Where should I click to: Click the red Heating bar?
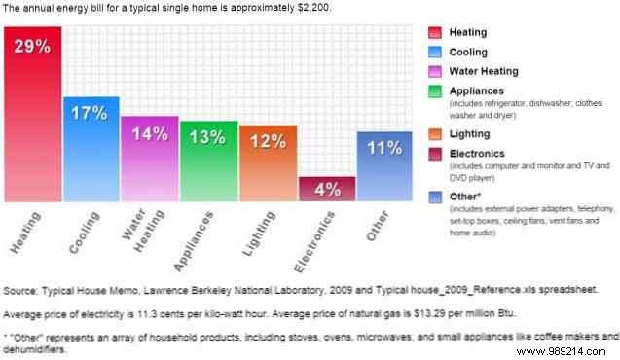click(x=32, y=117)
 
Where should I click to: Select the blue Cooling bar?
click(x=91, y=151)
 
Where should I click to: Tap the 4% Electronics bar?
click(x=327, y=189)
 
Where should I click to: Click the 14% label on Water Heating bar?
click(x=150, y=134)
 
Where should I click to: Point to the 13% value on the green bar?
click(x=208, y=137)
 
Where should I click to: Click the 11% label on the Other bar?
click(x=385, y=148)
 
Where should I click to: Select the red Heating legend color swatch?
click(x=436, y=32)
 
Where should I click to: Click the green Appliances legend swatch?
click(x=436, y=90)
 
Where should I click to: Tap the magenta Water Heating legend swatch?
click(x=436, y=71)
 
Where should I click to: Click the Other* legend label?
click(x=468, y=195)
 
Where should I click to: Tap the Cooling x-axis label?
click(x=79, y=234)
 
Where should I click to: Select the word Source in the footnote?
click(x=22, y=291)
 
